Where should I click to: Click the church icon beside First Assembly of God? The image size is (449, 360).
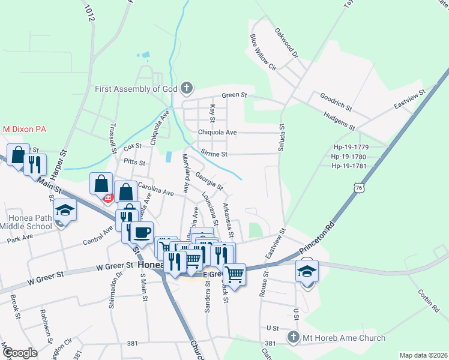[x=187, y=89]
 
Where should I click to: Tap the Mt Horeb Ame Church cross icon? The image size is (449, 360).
[x=293, y=338]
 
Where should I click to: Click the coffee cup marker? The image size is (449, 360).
[x=142, y=232]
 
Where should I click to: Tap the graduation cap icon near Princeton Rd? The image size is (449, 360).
[x=307, y=271]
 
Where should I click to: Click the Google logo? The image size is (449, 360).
[x=19, y=353]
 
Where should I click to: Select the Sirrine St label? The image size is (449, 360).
[x=214, y=154]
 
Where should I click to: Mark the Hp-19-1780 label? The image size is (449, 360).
[x=357, y=157]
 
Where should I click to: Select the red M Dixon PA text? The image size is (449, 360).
[x=25, y=129]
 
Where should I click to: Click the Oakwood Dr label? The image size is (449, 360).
[x=286, y=43]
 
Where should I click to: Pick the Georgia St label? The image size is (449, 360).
[x=209, y=180]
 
